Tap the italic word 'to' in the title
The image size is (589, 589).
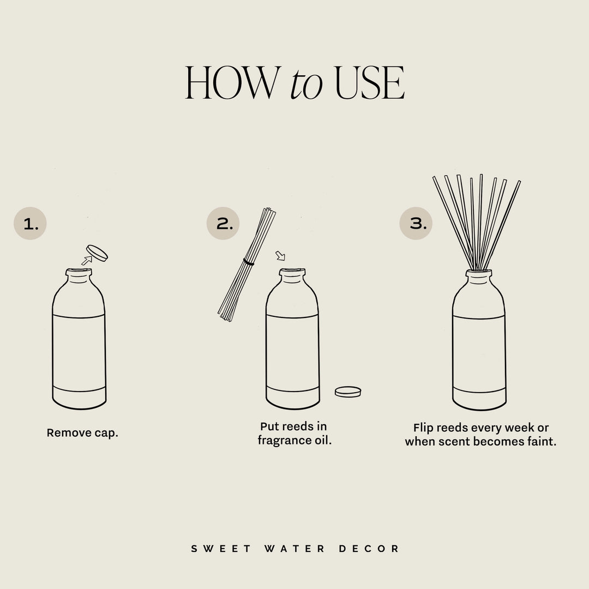(306, 85)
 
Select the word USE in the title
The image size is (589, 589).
(369, 83)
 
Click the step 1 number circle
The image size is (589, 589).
(31, 224)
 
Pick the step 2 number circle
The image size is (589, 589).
(223, 224)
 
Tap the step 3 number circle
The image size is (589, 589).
(416, 224)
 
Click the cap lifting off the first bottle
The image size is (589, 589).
(98, 253)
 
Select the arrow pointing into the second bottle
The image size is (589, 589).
(280, 255)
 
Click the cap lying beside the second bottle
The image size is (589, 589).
(348, 392)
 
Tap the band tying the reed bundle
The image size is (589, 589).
(249, 263)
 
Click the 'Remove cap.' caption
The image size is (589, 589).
(82, 433)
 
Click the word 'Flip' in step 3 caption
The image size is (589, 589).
(423, 428)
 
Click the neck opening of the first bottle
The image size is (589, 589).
(79, 271)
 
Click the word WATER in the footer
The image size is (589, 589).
(295, 549)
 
